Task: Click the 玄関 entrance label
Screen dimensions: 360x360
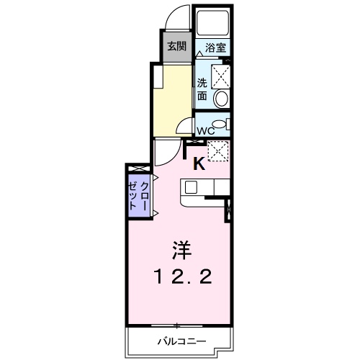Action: coord(175,47)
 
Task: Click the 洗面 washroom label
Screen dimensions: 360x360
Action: coord(202,88)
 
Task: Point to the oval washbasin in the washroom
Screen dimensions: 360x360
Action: coord(222,99)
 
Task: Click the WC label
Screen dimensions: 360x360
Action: coord(204,131)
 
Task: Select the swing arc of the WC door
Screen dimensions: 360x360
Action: coord(185,125)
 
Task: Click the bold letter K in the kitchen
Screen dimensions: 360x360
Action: coord(199,163)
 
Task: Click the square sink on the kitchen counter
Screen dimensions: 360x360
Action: coord(192,187)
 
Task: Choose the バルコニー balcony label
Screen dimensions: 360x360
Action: coord(180,340)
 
